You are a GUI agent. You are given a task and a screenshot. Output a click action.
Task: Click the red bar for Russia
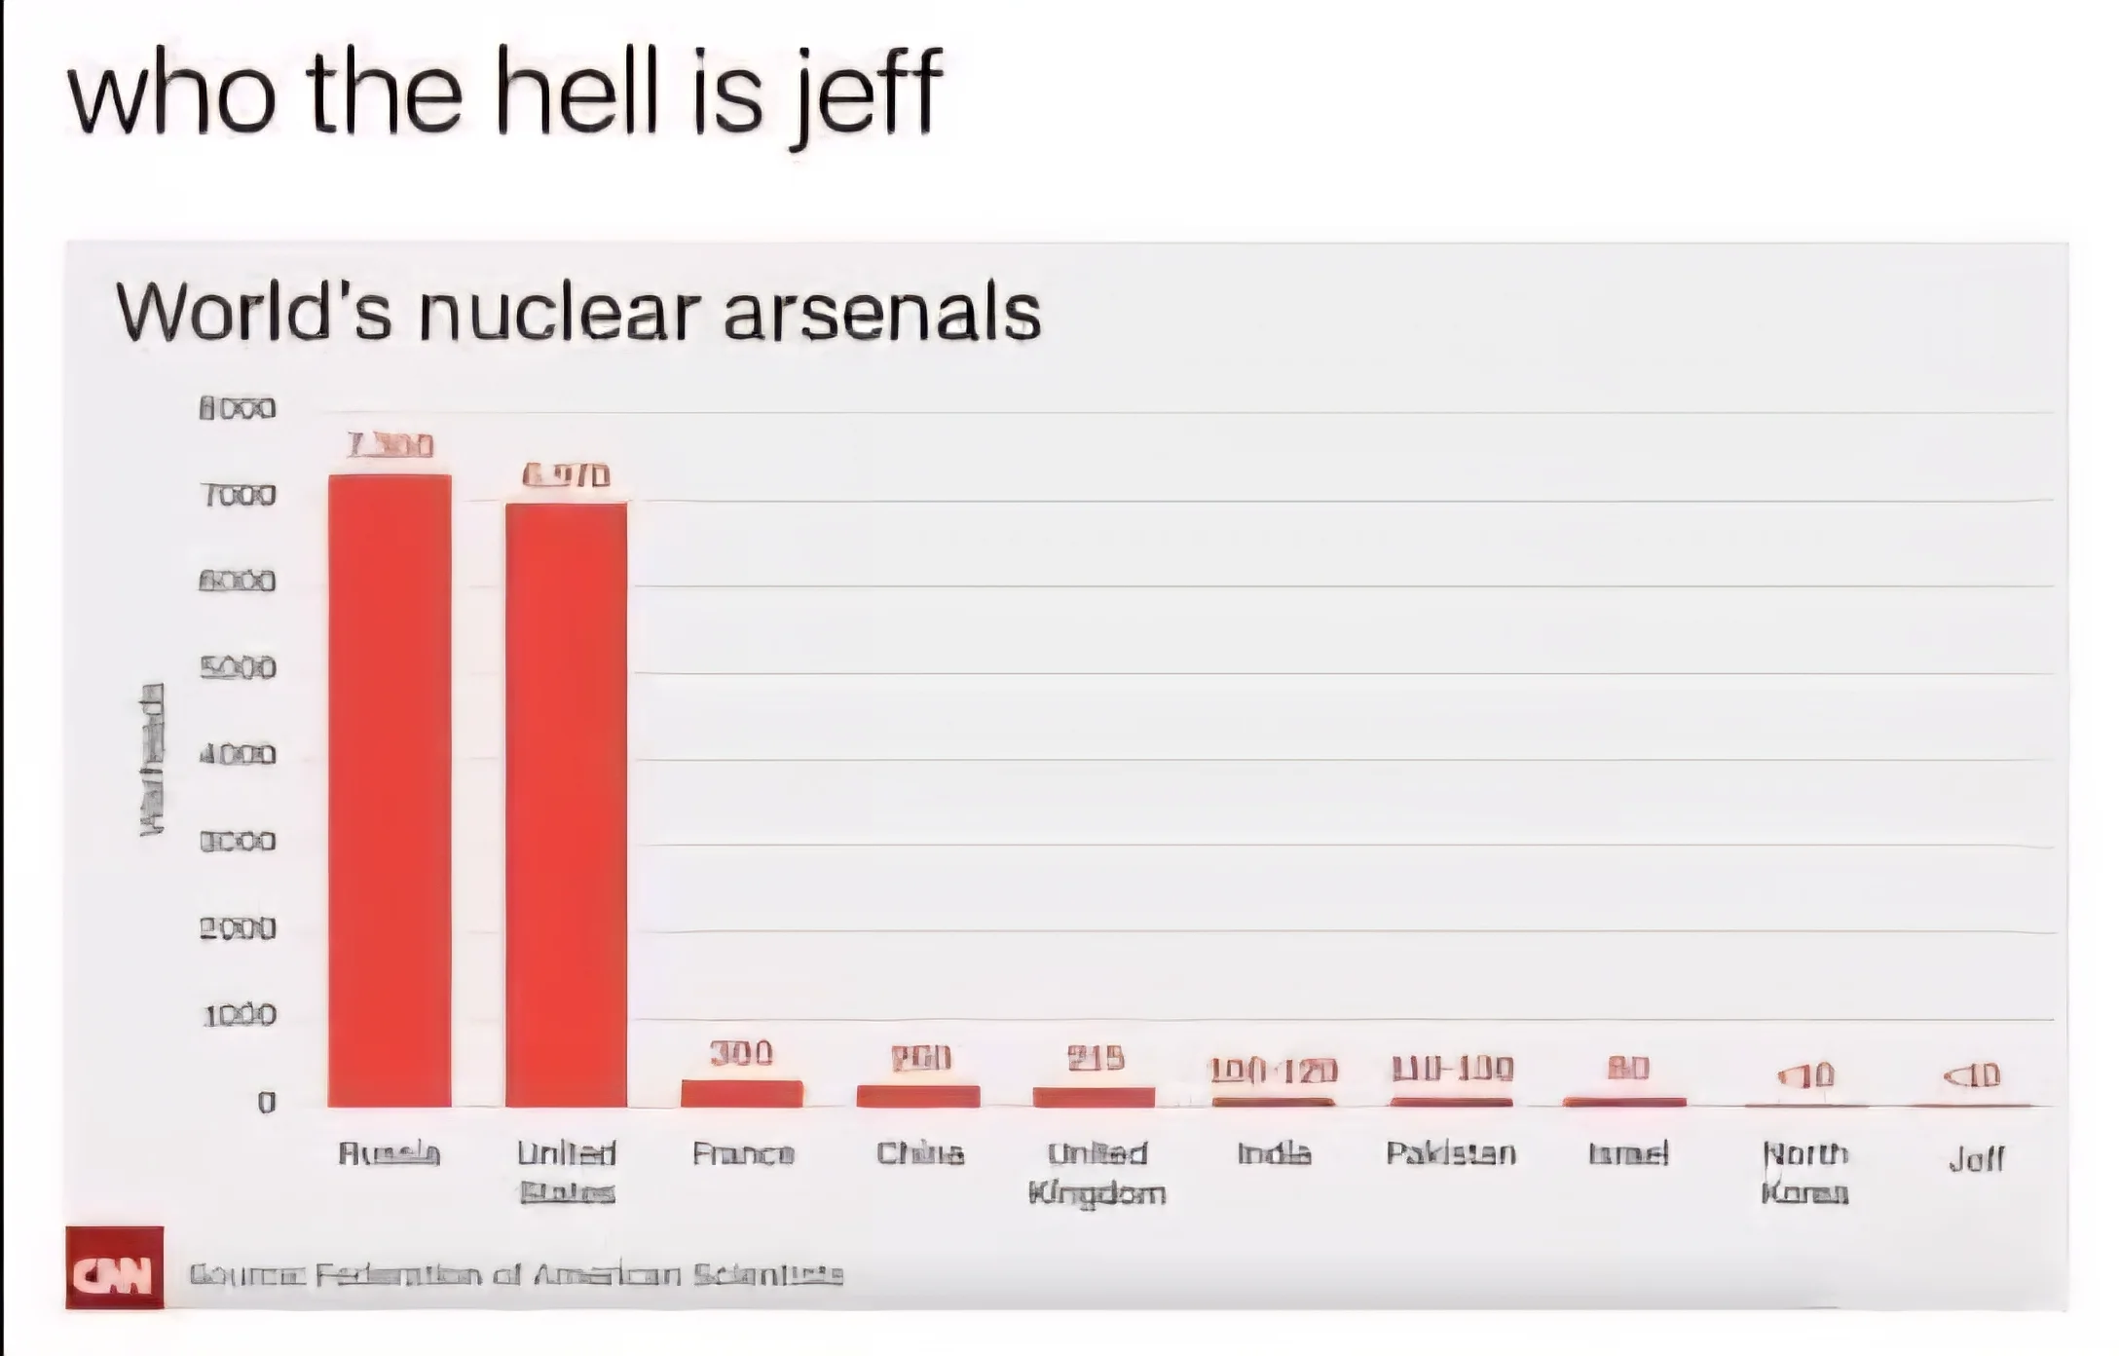pos(390,789)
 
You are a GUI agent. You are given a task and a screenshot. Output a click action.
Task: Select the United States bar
pos(566,804)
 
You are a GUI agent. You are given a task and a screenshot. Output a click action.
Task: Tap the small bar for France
pos(742,1094)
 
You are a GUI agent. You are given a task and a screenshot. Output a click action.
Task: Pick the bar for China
pos(918,1096)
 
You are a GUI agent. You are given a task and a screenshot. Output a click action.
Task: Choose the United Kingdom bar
pos(1094,1097)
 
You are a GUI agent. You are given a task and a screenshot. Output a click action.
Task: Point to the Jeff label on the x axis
pos(1976,1158)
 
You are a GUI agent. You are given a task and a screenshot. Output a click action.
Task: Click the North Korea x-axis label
pos(1805,1173)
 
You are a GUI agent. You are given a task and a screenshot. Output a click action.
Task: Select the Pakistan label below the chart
pos(1451,1154)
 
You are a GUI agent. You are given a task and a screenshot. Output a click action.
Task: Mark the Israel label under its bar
pos(1628,1154)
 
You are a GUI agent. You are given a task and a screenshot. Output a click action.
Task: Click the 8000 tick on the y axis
pos(238,408)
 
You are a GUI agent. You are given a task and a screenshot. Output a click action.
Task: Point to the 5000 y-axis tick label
pos(238,668)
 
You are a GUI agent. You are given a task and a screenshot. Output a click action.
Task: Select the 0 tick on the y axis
pos(266,1103)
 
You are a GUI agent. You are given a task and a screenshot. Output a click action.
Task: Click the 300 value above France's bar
pos(741,1053)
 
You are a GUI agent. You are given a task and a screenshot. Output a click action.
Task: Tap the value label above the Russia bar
pos(390,446)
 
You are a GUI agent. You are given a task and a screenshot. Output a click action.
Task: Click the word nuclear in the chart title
pos(559,314)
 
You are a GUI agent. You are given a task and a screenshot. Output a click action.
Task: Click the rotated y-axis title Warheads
pos(152,759)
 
